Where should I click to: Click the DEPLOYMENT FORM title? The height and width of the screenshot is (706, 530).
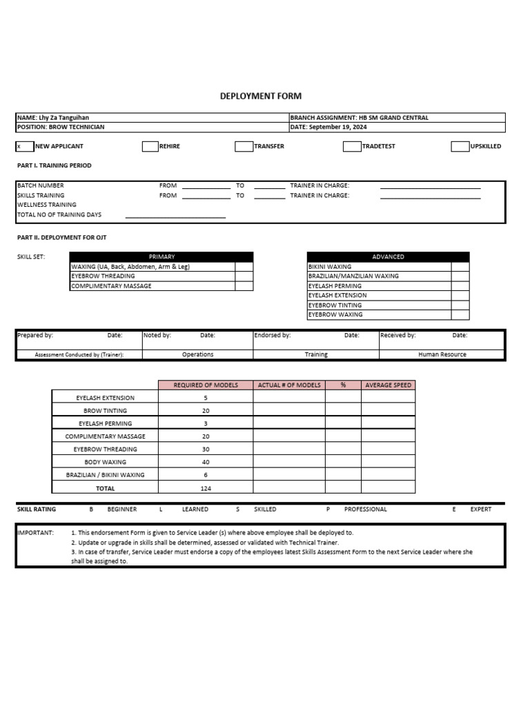point(260,97)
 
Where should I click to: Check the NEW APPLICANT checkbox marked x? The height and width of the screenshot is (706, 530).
point(24,146)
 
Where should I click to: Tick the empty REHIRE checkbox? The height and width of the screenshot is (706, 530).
point(150,146)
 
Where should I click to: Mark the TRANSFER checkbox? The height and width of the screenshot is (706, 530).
point(244,146)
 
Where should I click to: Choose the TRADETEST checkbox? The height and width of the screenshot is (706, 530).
point(352,146)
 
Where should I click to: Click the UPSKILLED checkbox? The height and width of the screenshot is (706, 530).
point(460,146)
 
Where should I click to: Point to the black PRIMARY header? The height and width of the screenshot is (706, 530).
point(161,256)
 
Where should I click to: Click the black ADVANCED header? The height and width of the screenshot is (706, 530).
point(388,256)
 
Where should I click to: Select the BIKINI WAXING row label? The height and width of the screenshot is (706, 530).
point(330,266)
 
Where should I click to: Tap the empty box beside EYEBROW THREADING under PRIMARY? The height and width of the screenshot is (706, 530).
point(244,276)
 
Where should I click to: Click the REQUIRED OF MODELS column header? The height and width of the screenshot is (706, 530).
point(206,385)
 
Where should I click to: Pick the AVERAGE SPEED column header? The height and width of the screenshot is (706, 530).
point(388,385)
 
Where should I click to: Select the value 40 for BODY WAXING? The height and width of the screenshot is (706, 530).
point(206,462)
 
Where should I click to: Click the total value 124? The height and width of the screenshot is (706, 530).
point(206,488)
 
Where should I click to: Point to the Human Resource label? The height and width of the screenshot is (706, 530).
point(442,354)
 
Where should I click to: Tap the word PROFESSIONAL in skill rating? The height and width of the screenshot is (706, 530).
point(365,510)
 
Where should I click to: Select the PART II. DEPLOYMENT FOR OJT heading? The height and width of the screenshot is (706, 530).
point(61,237)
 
